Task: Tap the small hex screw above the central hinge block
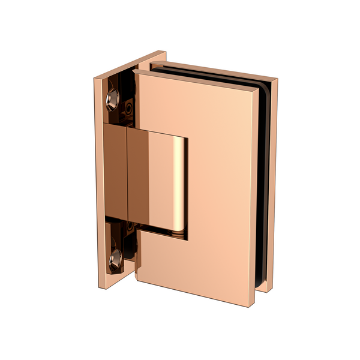(128, 108)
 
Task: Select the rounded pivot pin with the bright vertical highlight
(178, 180)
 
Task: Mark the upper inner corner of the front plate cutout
(187, 139)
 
